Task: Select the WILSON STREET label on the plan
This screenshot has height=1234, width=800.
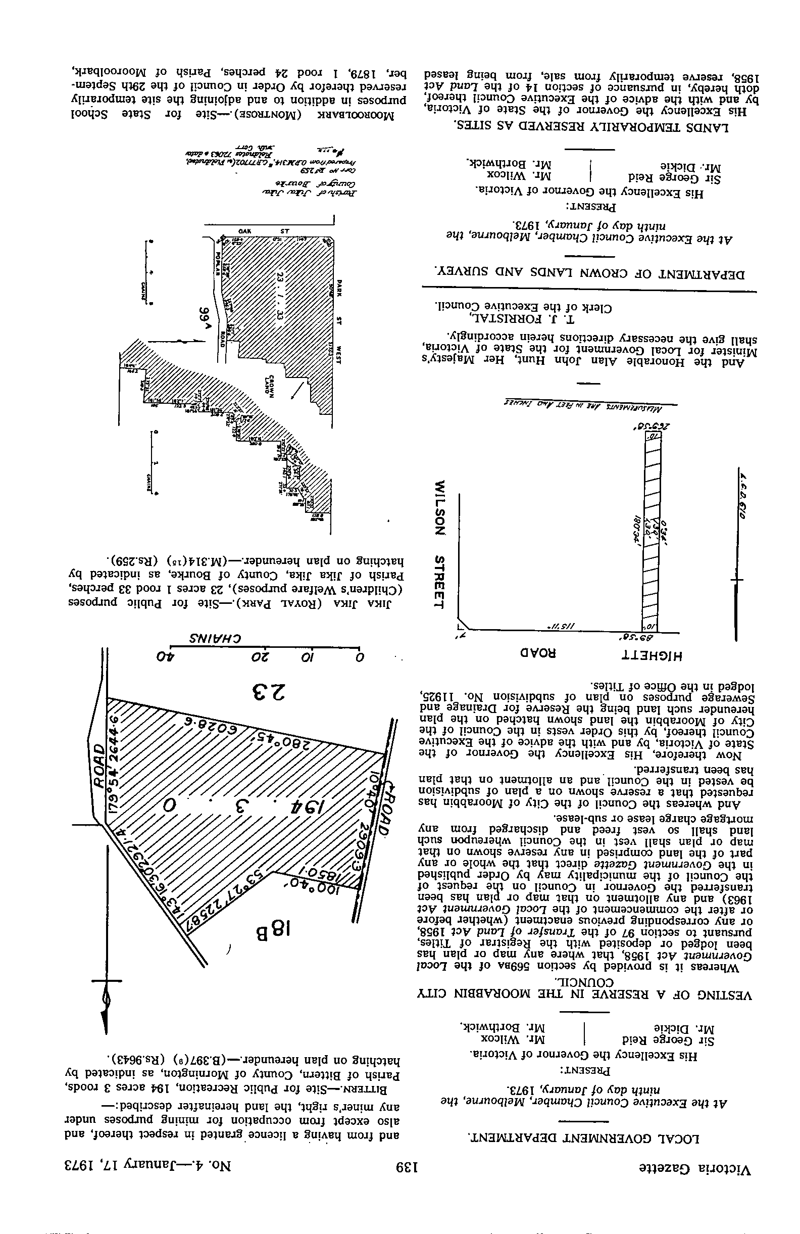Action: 440,544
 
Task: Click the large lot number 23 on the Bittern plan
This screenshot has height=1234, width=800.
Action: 268,691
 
